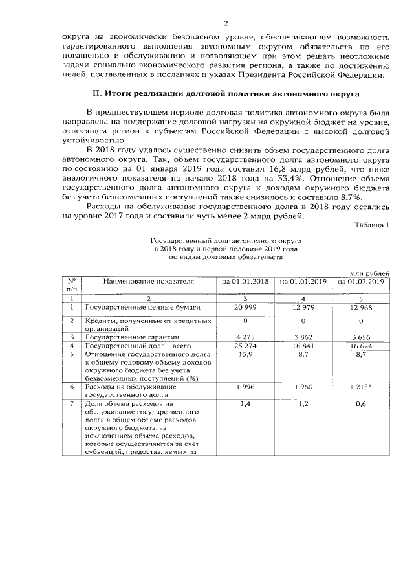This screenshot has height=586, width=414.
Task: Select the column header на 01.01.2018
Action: point(245,282)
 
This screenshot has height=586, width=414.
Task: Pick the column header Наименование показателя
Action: point(148,282)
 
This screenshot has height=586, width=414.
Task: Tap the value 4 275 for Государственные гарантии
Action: point(246,337)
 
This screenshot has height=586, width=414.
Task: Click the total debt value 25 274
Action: point(246,346)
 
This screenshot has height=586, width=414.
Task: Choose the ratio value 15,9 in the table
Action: point(246,355)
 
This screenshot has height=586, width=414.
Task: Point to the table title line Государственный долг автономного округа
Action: point(225,240)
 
